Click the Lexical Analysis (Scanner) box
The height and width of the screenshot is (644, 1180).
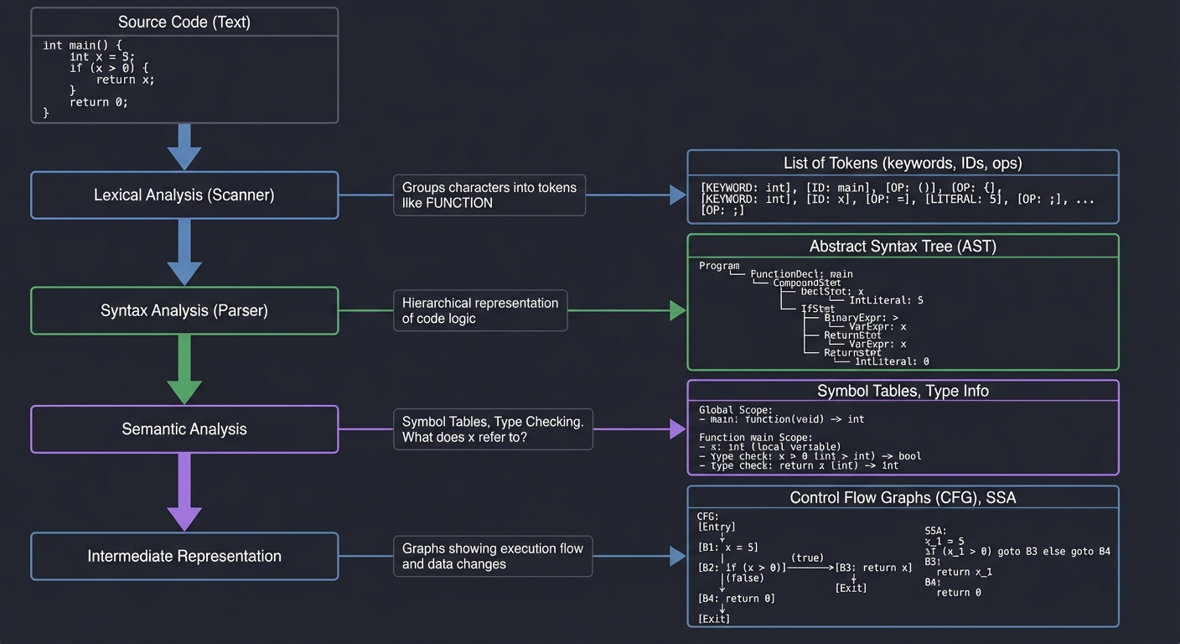tap(184, 195)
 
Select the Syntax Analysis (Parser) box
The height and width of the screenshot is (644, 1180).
tap(184, 311)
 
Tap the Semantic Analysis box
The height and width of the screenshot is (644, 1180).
tap(184, 429)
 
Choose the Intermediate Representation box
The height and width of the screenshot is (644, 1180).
tap(184, 556)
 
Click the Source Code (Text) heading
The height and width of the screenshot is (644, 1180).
tap(184, 23)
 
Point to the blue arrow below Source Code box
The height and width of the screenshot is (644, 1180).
tap(184, 147)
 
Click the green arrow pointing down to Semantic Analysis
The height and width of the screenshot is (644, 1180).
tap(184, 370)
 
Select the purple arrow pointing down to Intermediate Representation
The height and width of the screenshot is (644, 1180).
tap(184, 492)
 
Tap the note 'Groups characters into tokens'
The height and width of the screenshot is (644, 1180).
tap(489, 195)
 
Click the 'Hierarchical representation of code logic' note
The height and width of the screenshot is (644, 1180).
tap(480, 310)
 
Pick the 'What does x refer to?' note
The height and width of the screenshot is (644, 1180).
tap(493, 429)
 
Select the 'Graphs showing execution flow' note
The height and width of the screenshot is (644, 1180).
tap(493, 556)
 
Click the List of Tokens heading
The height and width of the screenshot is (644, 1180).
tap(903, 164)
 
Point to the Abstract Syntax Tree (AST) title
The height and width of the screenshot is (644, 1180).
tap(903, 247)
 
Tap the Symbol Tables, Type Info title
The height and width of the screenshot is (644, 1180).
tap(903, 392)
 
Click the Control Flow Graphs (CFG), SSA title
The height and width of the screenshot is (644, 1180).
tap(903, 498)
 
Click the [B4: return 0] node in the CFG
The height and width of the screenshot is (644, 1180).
tap(736, 599)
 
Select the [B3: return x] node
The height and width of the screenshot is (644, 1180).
tap(873, 568)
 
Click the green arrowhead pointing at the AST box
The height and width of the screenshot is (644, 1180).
tap(678, 310)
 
